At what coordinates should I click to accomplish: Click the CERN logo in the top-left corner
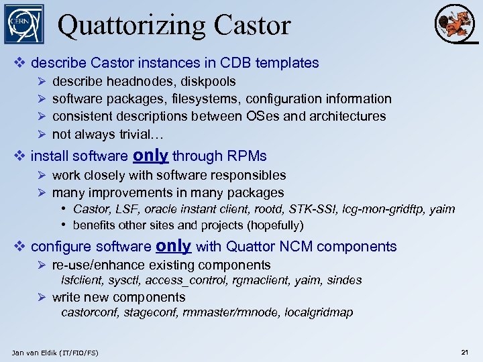tap(24, 24)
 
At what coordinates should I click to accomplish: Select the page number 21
tap(464, 352)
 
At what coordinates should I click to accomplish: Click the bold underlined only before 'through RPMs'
tap(150, 156)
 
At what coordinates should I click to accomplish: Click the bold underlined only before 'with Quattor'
tap(173, 246)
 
